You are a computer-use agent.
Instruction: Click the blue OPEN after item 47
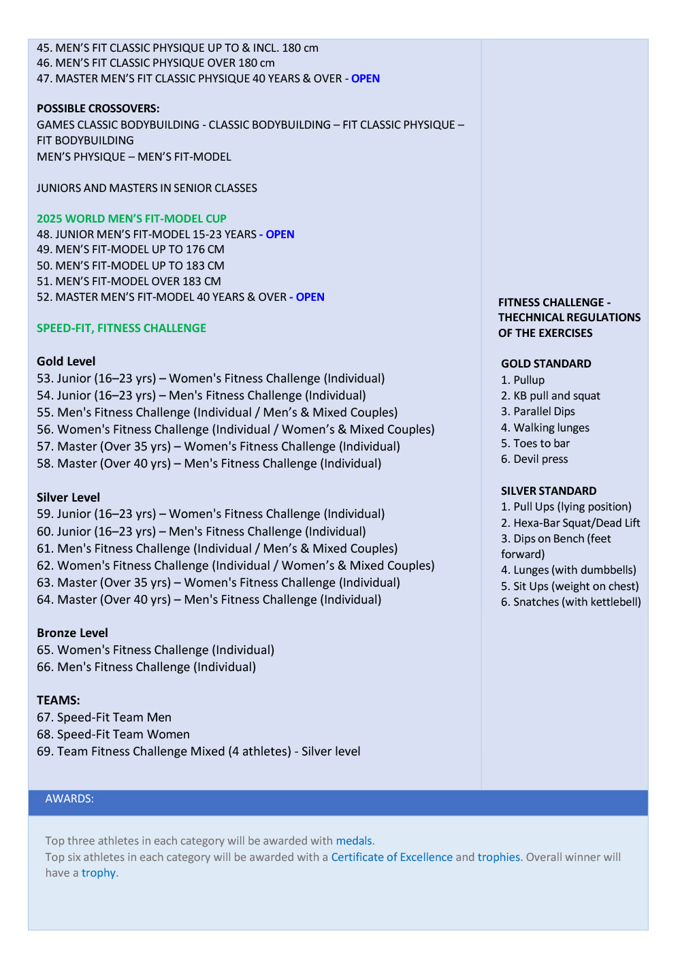coord(366,78)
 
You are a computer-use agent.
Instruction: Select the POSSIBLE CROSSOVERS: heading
coord(98,108)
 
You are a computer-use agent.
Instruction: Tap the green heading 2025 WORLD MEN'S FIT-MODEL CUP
coord(131,218)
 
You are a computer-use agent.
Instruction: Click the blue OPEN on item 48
coord(280,234)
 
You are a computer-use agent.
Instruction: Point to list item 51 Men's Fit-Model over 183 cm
coord(129,281)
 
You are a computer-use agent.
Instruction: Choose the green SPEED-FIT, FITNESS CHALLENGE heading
coord(121,328)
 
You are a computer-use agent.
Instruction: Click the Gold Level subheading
coord(66,361)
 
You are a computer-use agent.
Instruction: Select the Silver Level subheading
coord(68,498)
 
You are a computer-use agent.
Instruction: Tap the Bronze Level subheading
coord(72,633)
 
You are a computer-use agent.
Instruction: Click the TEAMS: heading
coord(59,700)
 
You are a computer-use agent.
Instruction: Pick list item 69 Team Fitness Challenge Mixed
coord(198,751)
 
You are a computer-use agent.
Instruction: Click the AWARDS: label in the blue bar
coord(69,798)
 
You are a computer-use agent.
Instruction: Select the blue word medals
coord(354,841)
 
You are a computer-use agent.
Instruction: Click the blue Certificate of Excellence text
coord(391,857)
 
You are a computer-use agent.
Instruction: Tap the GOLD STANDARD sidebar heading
coord(546,363)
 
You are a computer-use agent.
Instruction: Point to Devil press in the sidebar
coord(540,459)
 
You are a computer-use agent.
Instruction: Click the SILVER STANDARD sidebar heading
coord(549,491)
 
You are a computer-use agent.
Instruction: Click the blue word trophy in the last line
coord(99,873)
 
